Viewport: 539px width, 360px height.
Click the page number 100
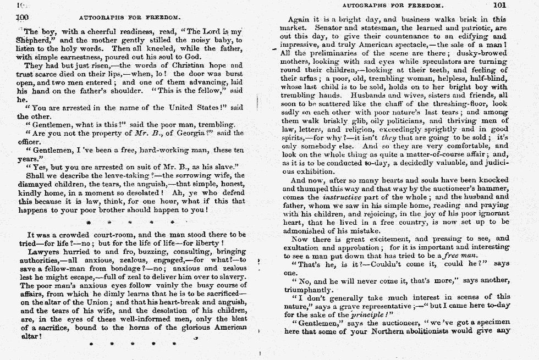click(23, 17)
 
